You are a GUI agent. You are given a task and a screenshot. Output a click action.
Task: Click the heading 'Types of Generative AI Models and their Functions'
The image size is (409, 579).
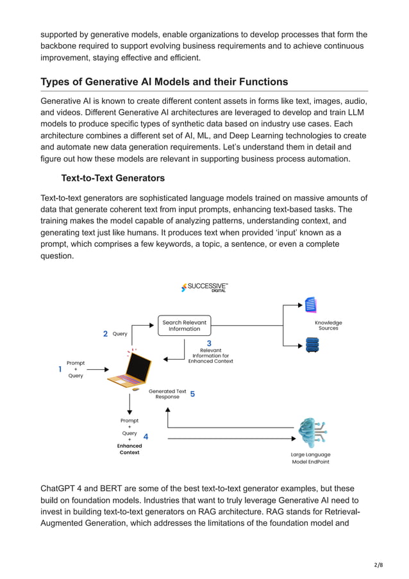[x=164, y=82]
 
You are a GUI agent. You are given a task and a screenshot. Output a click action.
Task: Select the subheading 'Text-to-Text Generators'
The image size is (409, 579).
[x=113, y=178]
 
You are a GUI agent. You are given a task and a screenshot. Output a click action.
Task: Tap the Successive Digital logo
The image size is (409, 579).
[x=204, y=287]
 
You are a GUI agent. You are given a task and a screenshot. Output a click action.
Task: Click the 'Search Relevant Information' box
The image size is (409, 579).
[x=185, y=325]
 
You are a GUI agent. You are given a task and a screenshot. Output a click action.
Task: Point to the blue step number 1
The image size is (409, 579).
[x=60, y=369]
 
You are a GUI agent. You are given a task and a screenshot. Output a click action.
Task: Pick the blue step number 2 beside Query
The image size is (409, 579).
[x=105, y=333]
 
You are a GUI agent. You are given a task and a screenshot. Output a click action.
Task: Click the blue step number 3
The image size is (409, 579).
[x=209, y=344]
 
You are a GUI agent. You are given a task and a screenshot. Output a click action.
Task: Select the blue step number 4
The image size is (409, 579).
[x=146, y=437]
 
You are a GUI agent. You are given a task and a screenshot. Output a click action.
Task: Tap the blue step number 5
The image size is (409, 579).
[x=192, y=394]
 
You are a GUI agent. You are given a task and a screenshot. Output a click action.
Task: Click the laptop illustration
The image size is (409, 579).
[x=130, y=371]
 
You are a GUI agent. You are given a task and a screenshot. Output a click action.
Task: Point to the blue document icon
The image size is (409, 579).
[x=311, y=305]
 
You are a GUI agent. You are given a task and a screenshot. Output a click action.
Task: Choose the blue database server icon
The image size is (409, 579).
[x=312, y=345]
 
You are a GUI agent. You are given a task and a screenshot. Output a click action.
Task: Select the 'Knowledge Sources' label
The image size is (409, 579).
[x=328, y=326]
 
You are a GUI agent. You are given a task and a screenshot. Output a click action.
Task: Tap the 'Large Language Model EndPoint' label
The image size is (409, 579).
[x=311, y=458]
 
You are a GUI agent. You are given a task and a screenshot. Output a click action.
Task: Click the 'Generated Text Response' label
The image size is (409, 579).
[x=167, y=394]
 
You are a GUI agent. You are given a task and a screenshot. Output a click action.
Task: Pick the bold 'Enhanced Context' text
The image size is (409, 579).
[x=129, y=449]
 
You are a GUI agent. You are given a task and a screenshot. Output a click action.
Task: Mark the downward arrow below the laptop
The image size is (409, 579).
[x=129, y=404]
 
